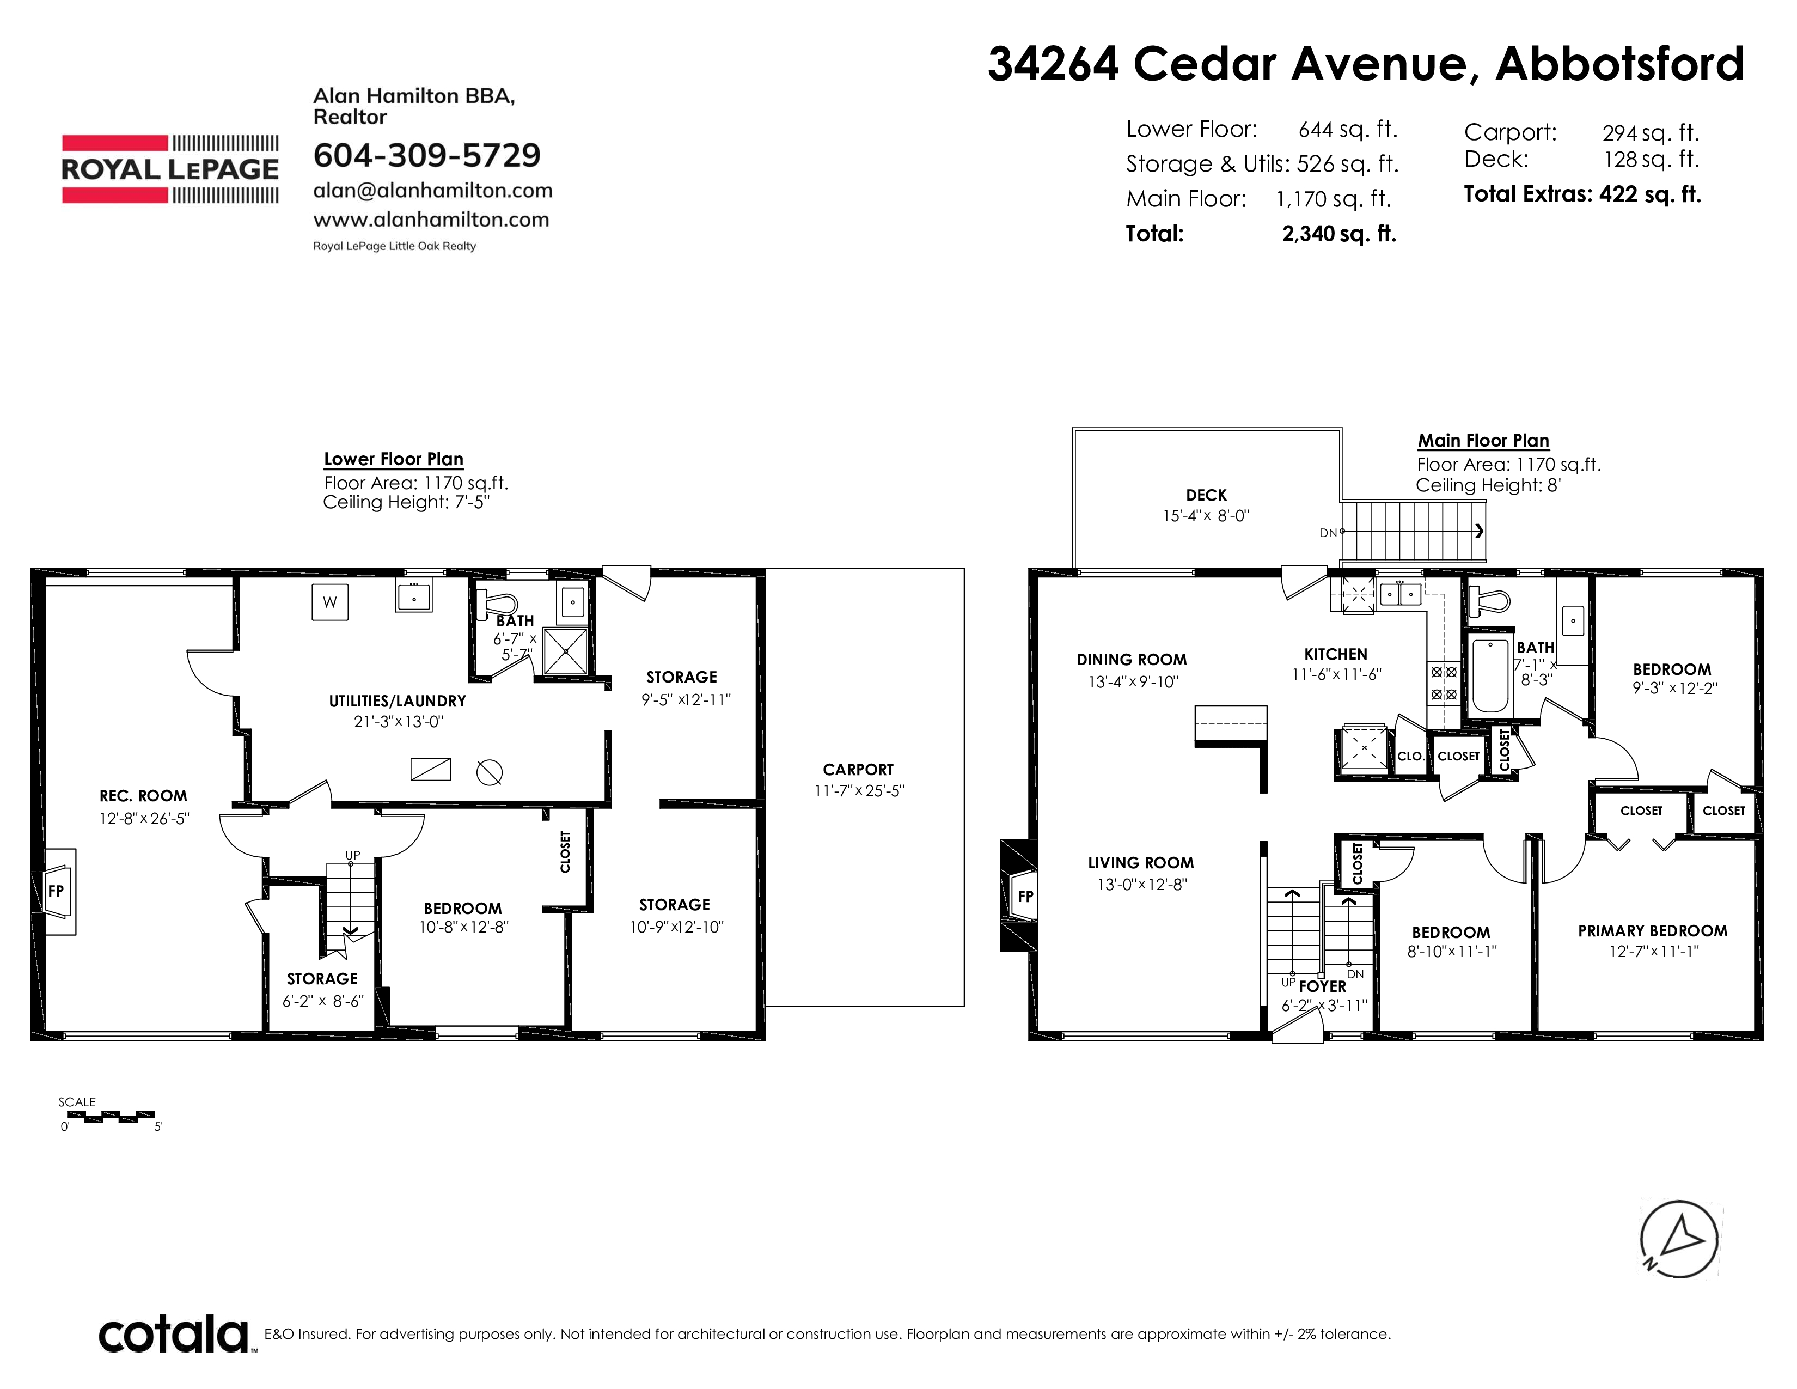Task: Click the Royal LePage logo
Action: coord(170,169)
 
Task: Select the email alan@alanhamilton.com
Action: coord(433,191)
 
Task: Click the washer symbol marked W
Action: coord(330,601)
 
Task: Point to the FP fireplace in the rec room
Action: coord(58,891)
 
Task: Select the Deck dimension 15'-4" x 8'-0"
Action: coord(1206,516)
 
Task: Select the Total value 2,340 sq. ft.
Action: coord(1338,234)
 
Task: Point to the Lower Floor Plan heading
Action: coord(393,459)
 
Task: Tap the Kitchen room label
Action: coord(1335,654)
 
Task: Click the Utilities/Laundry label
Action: coord(398,701)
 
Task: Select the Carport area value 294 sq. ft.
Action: coord(1651,132)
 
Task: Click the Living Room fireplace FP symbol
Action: coord(1025,896)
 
